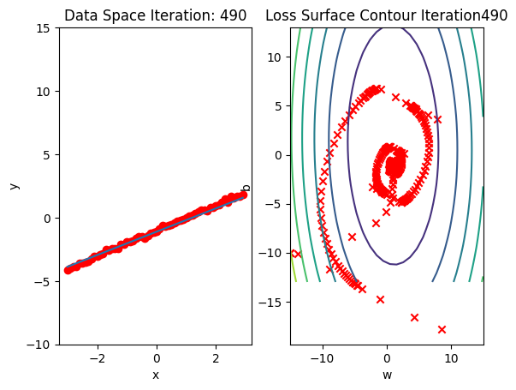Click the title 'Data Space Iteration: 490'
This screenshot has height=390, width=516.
pyautogui.click(x=155, y=15)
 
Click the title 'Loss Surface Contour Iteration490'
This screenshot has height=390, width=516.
pyautogui.click(x=386, y=15)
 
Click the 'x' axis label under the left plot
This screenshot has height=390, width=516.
pyautogui.click(x=156, y=375)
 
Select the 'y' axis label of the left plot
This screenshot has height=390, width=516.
pyautogui.click(x=13, y=186)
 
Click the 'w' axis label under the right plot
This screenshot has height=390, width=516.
pyautogui.click(x=387, y=375)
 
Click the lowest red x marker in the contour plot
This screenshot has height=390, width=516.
pyautogui.click(x=442, y=329)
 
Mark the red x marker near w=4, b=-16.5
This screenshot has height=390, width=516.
pyautogui.click(x=414, y=317)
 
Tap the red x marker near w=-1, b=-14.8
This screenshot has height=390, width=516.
pyautogui.click(x=380, y=299)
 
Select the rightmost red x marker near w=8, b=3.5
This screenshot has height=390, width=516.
pyautogui.click(x=437, y=120)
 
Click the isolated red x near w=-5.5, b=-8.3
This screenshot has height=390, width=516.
pyautogui.click(x=352, y=237)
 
